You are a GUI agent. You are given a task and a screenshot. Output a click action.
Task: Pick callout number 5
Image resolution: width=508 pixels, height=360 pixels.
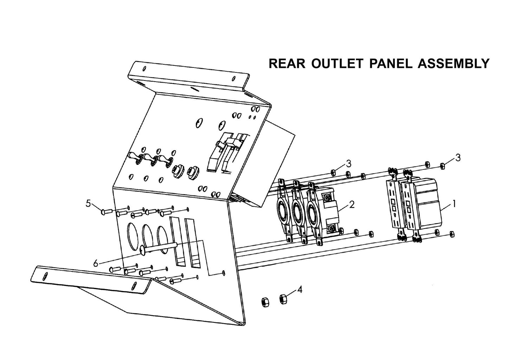coord(89,203)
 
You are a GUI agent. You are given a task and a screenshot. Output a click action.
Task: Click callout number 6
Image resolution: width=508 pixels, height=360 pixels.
coord(96,263)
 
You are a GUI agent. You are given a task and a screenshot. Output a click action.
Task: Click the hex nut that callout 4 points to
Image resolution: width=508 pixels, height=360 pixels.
coord(283,299)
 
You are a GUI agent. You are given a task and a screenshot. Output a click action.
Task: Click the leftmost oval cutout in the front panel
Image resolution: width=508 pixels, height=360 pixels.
coord(133,234)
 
